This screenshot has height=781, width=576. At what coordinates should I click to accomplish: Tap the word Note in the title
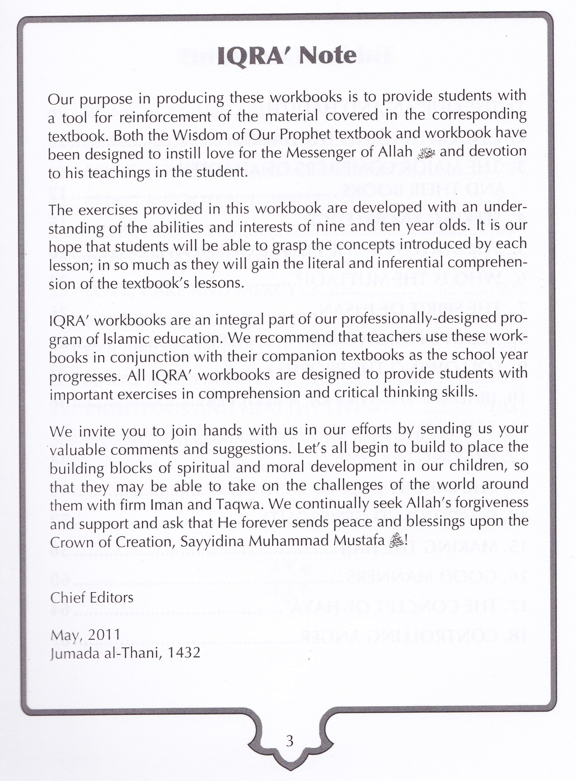coord(327,56)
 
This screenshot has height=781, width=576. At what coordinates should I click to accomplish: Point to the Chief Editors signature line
coord(92,598)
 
